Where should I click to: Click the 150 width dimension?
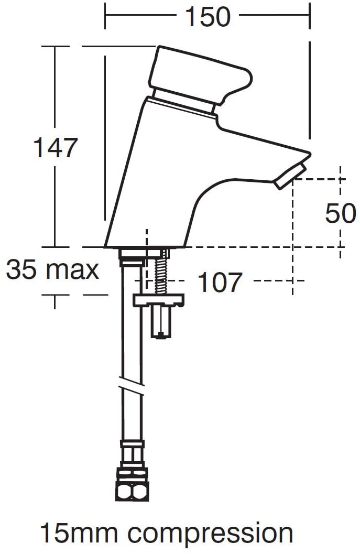(208, 17)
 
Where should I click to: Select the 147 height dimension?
(56, 148)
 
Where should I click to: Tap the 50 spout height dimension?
(341, 213)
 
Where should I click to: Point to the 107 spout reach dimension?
(220, 282)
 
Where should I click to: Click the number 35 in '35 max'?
(21, 269)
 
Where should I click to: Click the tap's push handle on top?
(201, 75)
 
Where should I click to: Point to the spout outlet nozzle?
(290, 176)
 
